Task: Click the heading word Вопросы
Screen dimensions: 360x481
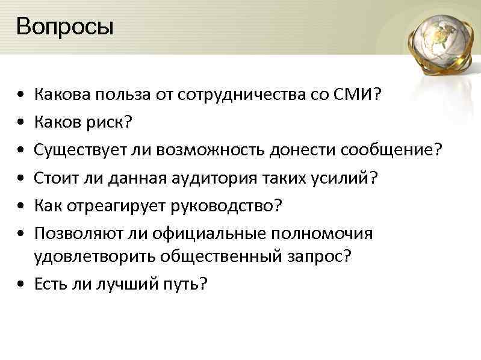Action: click(65, 28)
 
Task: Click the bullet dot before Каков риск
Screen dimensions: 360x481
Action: click(21, 123)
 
